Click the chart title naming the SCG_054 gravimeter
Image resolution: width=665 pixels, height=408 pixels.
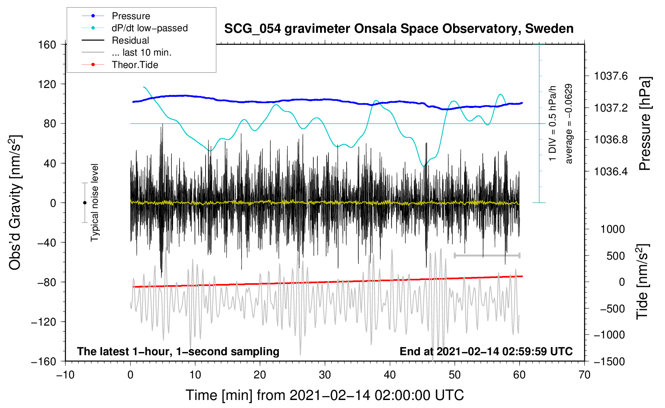pos(399,29)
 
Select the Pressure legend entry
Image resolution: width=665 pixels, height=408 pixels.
pos(131,16)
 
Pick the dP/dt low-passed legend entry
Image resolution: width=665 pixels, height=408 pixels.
pos(149,28)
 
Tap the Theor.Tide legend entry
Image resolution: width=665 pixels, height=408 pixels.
pos(135,65)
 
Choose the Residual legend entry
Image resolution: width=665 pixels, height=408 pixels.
pos(130,40)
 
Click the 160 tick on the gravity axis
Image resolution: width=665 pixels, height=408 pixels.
pos(47,44)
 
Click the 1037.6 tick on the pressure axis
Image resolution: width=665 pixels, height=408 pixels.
pos(611,76)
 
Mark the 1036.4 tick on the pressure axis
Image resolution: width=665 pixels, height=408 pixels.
pos(611,172)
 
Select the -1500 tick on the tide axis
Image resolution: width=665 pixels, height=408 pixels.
pos(609,361)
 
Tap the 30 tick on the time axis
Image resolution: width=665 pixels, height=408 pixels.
pos(325,375)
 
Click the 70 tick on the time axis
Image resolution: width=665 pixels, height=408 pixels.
pos(584,375)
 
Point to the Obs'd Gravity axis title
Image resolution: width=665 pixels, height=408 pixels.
pos(15,203)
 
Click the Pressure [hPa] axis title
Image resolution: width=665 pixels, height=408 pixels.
pos(644,124)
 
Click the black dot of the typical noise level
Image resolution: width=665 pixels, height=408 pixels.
pos(85,203)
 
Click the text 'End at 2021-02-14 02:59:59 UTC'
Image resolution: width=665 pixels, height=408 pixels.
pos(486,352)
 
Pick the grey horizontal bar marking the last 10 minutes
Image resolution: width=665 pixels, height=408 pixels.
pos(487,255)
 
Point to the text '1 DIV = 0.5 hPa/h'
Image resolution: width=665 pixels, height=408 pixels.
pos(553,123)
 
